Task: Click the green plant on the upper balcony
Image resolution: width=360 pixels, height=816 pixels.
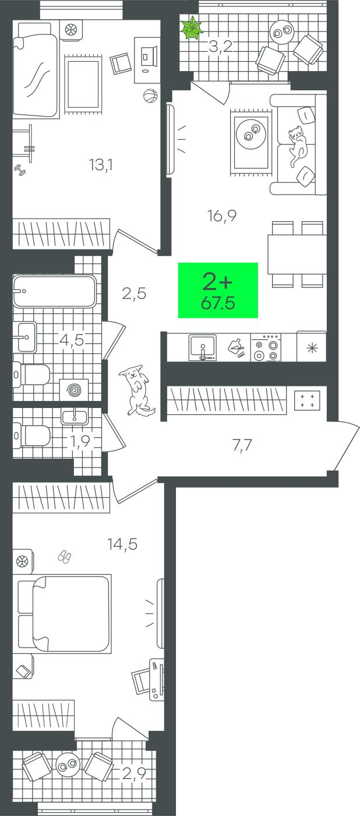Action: point(192,29)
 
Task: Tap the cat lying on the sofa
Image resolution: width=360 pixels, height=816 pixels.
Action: point(298,146)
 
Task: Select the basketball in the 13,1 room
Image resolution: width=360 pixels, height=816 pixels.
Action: point(150,96)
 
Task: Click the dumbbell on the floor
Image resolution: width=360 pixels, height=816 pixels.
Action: point(20,170)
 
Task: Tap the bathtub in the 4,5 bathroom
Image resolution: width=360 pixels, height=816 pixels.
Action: point(55,291)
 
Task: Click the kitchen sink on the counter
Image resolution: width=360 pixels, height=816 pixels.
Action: point(202,347)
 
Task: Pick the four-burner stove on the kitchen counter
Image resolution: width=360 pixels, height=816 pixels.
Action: point(266,348)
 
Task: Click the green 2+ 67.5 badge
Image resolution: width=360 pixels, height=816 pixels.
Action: point(218,290)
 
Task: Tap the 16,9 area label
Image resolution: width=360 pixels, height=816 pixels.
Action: point(222,216)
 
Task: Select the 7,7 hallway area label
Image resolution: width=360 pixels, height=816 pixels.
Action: point(242,445)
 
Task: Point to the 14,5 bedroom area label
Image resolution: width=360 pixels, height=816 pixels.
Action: point(122,544)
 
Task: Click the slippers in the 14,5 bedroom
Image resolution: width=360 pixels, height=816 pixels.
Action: point(65,557)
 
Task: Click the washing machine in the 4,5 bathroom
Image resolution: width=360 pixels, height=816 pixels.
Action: point(74,390)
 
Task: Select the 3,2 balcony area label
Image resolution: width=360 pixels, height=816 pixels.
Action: point(221,47)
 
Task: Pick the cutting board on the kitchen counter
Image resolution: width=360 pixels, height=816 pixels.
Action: point(236,346)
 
